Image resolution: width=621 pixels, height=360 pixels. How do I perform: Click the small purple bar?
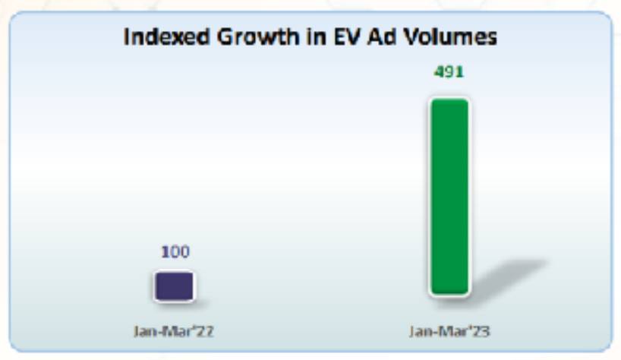pyautogui.click(x=175, y=286)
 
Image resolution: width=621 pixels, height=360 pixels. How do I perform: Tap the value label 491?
pyautogui.click(x=449, y=73)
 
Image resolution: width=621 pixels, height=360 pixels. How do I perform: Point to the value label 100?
pyautogui.click(x=175, y=251)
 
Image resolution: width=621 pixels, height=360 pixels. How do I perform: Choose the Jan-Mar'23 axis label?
pyautogui.click(x=449, y=331)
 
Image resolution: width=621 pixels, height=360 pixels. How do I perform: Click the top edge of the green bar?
pyautogui.click(x=449, y=100)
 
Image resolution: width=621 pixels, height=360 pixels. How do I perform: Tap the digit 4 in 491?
pyautogui.click(x=439, y=73)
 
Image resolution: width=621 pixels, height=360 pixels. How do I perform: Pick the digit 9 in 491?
pyautogui.click(x=449, y=73)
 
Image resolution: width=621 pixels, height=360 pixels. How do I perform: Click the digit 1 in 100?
pyautogui.click(x=165, y=251)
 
